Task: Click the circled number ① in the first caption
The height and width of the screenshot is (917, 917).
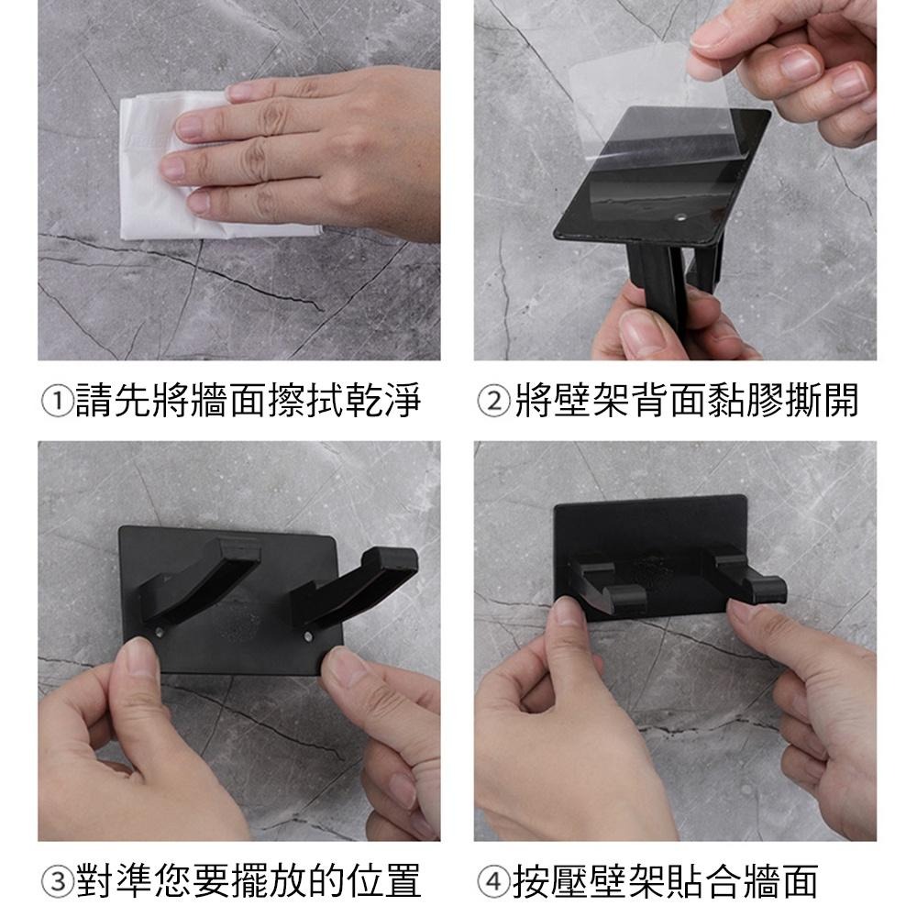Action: (59, 402)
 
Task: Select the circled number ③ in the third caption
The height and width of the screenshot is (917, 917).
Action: (59, 881)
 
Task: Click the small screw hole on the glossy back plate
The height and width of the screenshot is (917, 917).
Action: (683, 219)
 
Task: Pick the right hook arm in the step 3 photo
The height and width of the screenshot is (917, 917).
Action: (358, 587)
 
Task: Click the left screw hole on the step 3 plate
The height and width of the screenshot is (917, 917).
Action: (161, 632)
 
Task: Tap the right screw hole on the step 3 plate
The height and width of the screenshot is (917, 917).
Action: (308, 635)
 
